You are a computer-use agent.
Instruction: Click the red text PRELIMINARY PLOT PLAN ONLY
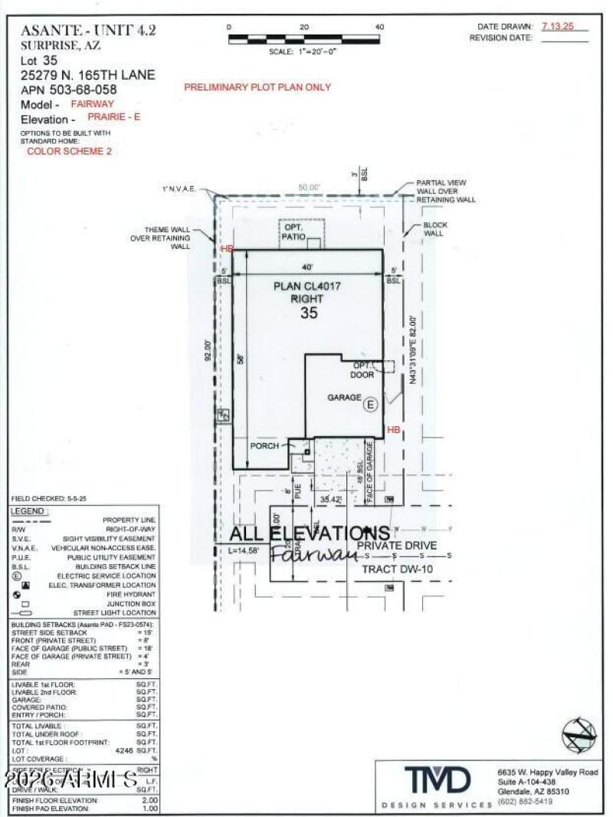click(257, 87)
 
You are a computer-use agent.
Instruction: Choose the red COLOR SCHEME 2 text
click(69, 152)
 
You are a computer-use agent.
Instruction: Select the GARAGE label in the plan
click(344, 398)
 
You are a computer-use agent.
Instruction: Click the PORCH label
click(264, 446)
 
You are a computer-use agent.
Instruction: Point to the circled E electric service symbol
click(370, 405)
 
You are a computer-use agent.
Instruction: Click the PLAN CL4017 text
click(307, 286)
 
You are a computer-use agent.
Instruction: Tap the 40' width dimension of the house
click(307, 267)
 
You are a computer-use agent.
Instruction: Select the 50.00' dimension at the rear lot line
click(309, 187)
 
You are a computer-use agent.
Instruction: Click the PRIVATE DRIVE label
click(397, 546)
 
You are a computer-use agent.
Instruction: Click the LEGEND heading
click(29, 511)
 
